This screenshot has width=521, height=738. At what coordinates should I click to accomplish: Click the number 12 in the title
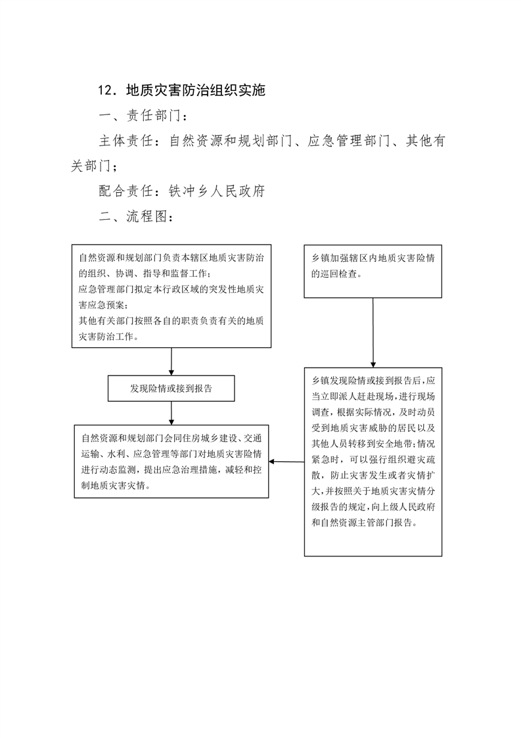pyautogui.click(x=105, y=90)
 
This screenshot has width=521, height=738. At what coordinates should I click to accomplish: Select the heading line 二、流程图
pyautogui.click(x=136, y=216)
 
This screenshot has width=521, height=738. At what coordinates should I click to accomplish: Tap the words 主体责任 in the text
pyautogui.click(x=126, y=141)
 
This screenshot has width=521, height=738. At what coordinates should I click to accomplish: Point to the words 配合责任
pyautogui.click(x=126, y=191)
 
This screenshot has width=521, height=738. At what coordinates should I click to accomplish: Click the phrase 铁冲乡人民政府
pyautogui.click(x=217, y=191)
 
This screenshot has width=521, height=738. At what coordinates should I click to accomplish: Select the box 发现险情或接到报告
pyautogui.click(x=171, y=388)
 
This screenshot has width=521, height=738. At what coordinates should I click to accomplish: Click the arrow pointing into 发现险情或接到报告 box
pyautogui.click(x=171, y=362)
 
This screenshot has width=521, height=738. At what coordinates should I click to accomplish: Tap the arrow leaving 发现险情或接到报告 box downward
pyautogui.click(x=171, y=413)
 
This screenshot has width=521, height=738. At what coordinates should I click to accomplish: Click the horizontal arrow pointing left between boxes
pyautogui.click(x=286, y=462)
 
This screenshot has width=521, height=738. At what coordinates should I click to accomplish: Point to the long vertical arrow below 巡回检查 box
pyautogui.click(x=373, y=332)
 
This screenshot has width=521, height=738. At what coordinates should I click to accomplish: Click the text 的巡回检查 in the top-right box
pyautogui.click(x=336, y=274)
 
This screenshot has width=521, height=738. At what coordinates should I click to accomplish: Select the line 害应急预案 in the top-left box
pyautogui.click(x=102, y=305)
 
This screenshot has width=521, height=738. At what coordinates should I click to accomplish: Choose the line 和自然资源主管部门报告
pyautogui.click(x=365, y=522)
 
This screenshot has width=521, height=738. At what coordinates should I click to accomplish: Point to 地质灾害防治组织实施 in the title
pyautogui.click(x=196, y=90)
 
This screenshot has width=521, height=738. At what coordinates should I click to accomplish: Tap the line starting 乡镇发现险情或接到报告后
pyautogui.click(x=373, y=380)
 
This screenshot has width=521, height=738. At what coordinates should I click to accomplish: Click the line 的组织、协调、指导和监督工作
pyautogui.click(x=145, y=274)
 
